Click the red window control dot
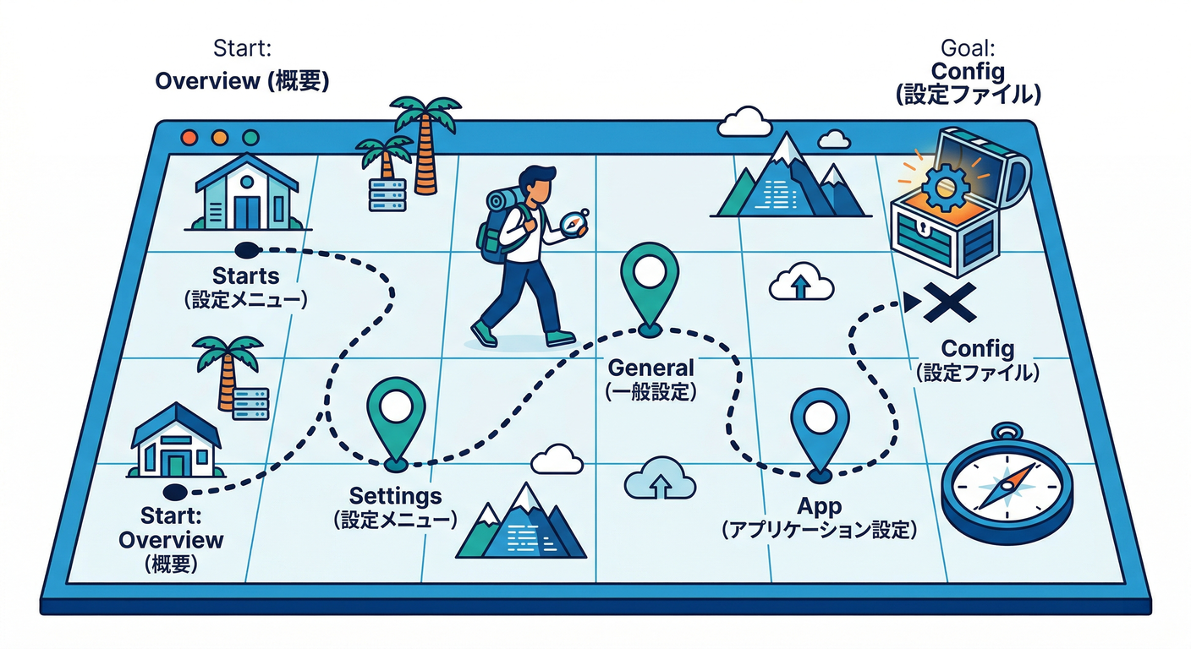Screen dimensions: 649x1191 189,137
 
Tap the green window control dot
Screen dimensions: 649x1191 250,137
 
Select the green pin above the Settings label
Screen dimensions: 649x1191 395,408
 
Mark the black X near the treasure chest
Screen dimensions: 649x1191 950,303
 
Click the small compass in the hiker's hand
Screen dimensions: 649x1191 573,223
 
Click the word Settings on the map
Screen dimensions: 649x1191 395,495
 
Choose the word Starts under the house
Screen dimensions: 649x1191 246,276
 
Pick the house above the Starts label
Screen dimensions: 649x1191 246,192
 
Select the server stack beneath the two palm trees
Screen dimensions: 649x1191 387,194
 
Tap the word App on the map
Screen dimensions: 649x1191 820,506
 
